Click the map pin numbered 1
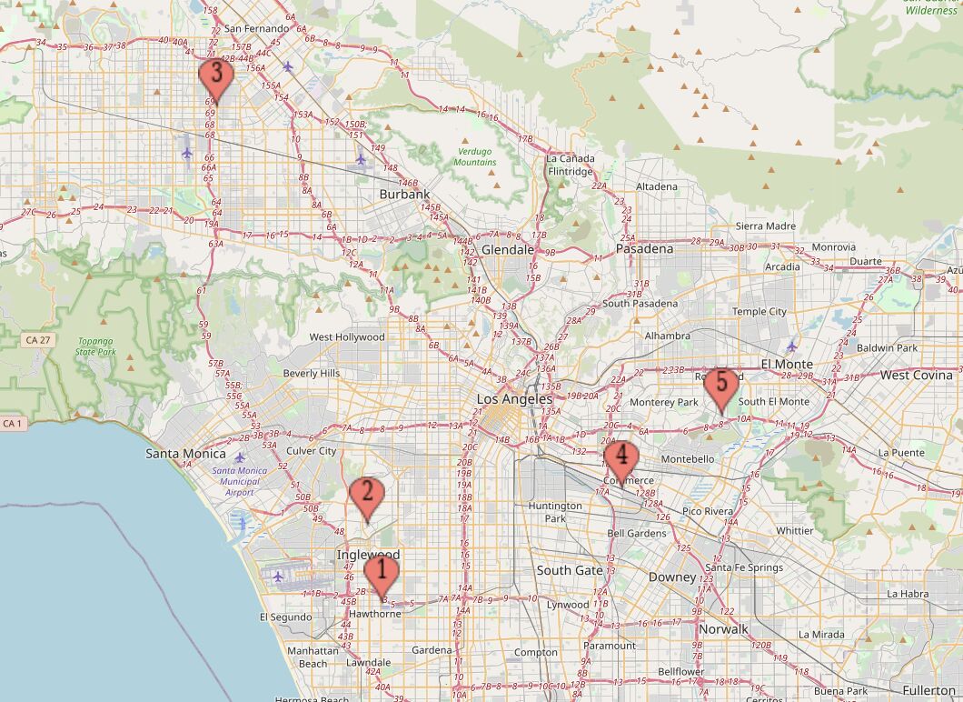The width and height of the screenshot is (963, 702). point(381,574)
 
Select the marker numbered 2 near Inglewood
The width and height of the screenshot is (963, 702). point(367,495)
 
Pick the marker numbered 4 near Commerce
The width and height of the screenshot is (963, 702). point(621,456)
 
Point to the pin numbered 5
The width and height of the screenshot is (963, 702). point(721,385)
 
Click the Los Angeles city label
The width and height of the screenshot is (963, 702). point(514,399)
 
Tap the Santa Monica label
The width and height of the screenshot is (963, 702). point(185,453)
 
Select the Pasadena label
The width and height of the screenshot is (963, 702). point(644,248)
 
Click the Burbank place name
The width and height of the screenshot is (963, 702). point(404,194)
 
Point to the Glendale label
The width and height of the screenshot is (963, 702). point(507,249)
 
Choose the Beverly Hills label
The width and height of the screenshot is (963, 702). point(312,373)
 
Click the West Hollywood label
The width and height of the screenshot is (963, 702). point(347,336)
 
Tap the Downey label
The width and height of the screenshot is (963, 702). point(671,577)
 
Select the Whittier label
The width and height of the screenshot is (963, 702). point(795,530)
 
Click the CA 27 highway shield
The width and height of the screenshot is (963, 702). point(37,339)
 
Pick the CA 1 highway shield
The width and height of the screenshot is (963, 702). point(12,423)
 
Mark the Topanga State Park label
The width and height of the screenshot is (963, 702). point(96,346)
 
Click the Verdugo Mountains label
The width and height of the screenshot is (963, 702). point(476,156)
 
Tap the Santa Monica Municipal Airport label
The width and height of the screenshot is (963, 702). point(240,481)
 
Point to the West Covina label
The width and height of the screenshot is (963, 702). point(916,375)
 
